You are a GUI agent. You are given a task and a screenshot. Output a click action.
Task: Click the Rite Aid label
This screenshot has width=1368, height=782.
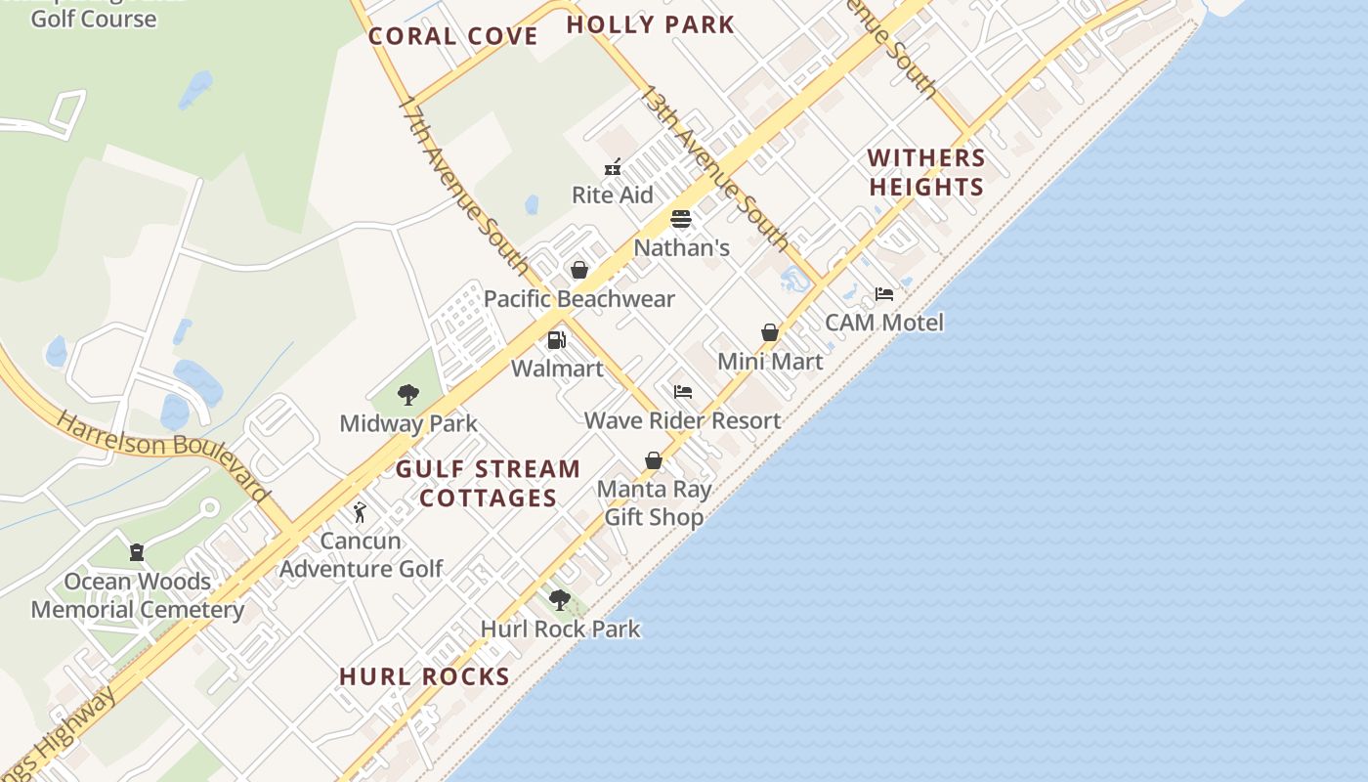click(x=613, y=195)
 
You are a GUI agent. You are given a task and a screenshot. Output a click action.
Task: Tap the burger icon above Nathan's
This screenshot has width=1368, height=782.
click(x=681, y=219)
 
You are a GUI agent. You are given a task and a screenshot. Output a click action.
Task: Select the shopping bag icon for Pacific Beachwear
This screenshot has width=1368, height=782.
click(x=579, y=270)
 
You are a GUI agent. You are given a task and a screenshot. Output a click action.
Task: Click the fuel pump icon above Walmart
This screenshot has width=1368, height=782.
click(x=557, y=340)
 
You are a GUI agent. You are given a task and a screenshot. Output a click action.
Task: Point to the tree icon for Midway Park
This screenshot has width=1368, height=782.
click(x=408, y=395)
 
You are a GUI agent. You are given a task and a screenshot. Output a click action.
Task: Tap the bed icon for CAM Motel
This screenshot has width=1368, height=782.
click(x=884, y=293)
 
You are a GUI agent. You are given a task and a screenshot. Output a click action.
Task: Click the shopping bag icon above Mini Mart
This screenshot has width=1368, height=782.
click(x=770, y=332)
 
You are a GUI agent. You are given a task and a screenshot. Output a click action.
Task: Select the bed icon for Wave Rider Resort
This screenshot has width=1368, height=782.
click(x=683, y=392)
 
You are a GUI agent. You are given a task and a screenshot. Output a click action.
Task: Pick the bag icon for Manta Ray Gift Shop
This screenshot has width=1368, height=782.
click(x=654, y=460)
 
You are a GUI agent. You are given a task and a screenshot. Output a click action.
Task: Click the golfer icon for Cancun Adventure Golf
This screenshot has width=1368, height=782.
click(x=360, y=512)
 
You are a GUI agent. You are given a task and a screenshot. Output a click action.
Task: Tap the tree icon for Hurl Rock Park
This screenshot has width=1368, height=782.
click(x=560, y=599)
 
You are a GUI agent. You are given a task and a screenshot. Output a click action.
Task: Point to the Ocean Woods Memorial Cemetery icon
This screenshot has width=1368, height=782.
click(x=137, y=552)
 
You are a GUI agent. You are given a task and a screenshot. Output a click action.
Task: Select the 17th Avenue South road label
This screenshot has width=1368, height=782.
click(x=463, y=186)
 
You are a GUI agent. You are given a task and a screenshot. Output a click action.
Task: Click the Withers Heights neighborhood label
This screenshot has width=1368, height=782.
click(x=926, y=172)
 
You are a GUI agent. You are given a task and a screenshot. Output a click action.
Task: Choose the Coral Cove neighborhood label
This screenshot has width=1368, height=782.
click(x=453, y=37)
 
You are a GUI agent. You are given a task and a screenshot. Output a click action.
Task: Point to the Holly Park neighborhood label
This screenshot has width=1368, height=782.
click(x=651, y=24)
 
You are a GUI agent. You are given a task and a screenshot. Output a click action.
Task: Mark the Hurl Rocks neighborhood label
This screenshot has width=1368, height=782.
click(x=424, y=676)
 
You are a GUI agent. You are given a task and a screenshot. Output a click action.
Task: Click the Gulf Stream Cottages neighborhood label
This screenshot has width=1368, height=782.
click(x=488, y=483)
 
